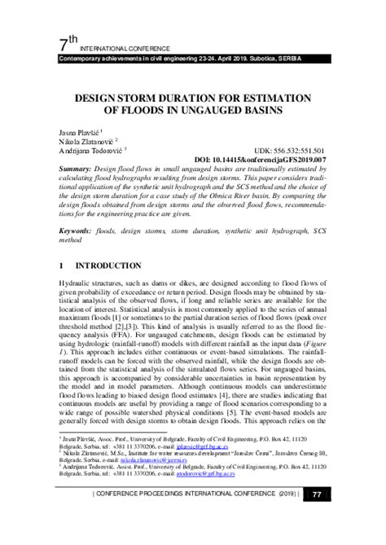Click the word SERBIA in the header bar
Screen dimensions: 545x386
314,60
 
